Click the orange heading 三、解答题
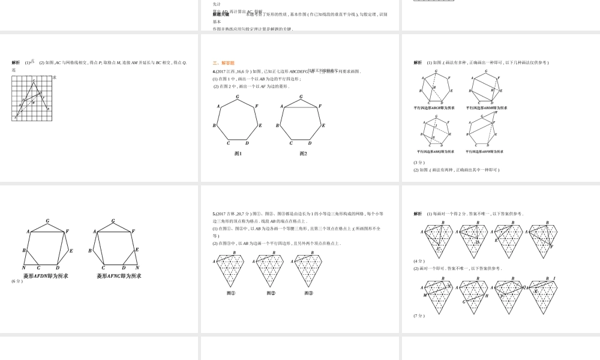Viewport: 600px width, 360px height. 223,63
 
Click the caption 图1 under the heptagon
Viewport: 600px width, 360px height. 238,154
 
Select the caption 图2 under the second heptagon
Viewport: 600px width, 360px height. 304,154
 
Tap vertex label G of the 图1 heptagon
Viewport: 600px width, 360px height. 238,97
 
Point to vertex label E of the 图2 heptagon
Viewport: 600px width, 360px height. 324,125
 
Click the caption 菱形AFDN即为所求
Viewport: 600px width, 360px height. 46,276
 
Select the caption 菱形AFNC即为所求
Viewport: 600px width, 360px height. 119,276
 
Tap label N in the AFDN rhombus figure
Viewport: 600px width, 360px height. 24,268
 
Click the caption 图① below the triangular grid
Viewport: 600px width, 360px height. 231,293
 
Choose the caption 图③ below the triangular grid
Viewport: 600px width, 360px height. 308,293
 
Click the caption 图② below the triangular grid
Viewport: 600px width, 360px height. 271,293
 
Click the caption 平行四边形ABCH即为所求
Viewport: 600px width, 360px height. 434,108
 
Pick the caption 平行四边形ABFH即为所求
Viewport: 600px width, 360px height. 484,151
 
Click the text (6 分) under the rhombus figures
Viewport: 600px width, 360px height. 17,281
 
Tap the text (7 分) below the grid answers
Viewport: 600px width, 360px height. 419,316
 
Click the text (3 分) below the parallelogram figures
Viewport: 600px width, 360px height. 419,162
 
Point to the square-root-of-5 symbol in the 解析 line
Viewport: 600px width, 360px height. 32,61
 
